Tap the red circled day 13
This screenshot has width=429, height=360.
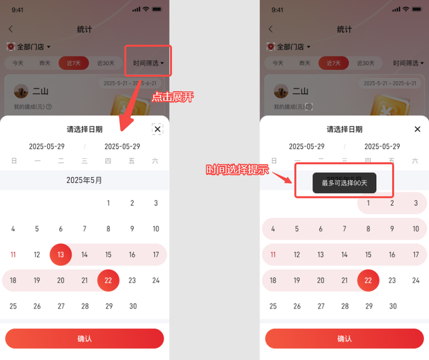tap(61, 254)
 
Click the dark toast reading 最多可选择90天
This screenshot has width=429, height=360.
tap(344, 182)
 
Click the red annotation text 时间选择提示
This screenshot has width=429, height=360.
tap(237, 170)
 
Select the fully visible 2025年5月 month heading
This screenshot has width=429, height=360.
tap(84, 180)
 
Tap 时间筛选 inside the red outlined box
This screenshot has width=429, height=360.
tap(148, 63)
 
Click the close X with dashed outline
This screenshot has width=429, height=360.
tap(157, 129)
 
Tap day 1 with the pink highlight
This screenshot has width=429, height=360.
tap(368, 203)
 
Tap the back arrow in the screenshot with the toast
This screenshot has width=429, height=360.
tap(270, 29)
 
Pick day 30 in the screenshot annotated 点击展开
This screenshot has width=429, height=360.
tap(132, 306)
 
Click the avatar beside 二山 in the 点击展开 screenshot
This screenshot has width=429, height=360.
tap(22, 91)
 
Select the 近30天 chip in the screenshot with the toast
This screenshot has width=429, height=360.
tap(366, 63)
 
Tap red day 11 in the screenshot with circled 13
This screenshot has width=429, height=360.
tap(13, 254)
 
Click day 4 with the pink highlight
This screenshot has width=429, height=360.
tap(273, 229)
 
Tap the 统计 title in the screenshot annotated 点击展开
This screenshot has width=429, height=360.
tap(84, 29)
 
